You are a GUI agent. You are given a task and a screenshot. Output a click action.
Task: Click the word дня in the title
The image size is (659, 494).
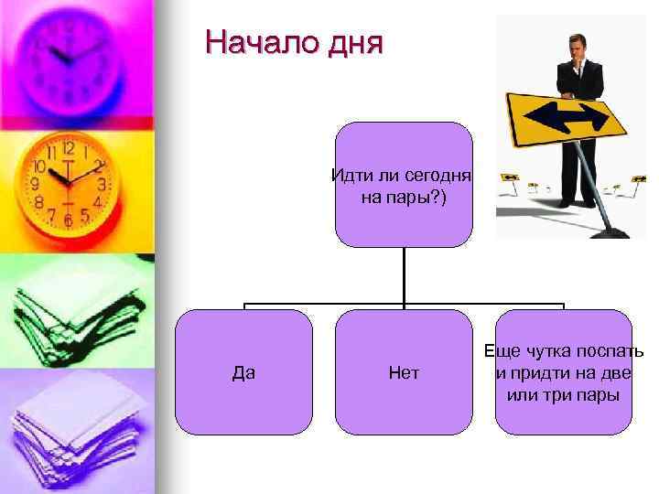point(351,43)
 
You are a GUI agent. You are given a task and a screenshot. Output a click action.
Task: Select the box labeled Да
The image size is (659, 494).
point(243,371)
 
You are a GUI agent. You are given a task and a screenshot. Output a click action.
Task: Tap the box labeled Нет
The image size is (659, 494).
point(404,371)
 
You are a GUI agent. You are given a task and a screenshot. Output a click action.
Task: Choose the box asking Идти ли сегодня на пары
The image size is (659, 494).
point(404,185)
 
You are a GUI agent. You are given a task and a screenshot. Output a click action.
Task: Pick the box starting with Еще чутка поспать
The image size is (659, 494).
point(564,371)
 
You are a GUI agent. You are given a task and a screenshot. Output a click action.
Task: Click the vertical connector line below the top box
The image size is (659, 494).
point(404,274)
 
